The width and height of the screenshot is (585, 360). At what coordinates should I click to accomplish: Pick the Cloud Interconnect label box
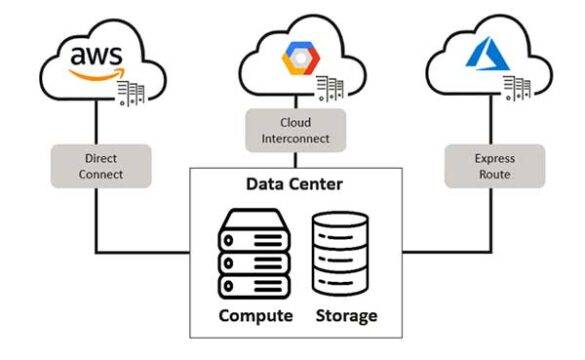(295, 129)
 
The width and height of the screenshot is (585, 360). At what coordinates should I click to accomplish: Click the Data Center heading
(295, 186)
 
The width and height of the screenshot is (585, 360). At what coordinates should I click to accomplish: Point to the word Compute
(253, 316)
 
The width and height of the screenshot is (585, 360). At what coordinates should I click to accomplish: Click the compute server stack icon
(254, 254)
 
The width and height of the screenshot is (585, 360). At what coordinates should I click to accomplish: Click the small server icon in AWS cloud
(133, 92)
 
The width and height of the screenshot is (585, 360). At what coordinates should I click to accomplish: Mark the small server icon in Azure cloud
(518, 87)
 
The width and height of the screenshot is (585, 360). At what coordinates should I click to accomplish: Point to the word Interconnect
(295, 137)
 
